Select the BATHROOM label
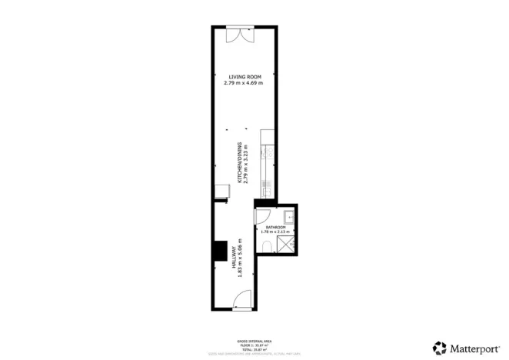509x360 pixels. click(276, 228)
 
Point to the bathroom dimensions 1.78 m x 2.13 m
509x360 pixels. click(276, 232)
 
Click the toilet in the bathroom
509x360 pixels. click(265, 245)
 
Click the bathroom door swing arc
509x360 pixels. click(262, 217)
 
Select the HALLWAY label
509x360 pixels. click(233, 258)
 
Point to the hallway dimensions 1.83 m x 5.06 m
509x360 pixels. click(239, 258)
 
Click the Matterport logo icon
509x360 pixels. click(439, 348)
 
